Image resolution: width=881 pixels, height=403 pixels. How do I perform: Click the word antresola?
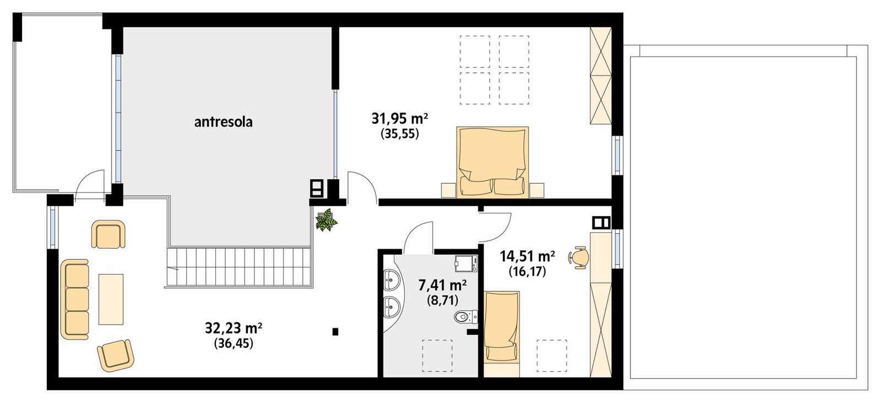(223, 122)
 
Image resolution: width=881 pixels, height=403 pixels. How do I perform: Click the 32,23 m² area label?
(233, 329)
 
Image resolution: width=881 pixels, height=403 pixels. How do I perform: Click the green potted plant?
(326, 219)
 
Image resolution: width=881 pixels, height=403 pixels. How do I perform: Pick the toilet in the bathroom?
(463, 317)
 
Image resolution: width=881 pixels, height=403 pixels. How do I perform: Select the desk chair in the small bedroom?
(580, 257)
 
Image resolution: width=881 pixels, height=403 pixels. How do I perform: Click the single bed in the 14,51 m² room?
(501, 327)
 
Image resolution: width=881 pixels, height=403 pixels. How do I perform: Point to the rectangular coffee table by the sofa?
(111, 299)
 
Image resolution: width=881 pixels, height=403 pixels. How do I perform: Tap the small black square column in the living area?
(335, 331)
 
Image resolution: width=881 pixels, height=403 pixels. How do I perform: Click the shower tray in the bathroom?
(465, 264)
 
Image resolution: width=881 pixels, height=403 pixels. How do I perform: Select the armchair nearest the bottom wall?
(116, 355)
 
